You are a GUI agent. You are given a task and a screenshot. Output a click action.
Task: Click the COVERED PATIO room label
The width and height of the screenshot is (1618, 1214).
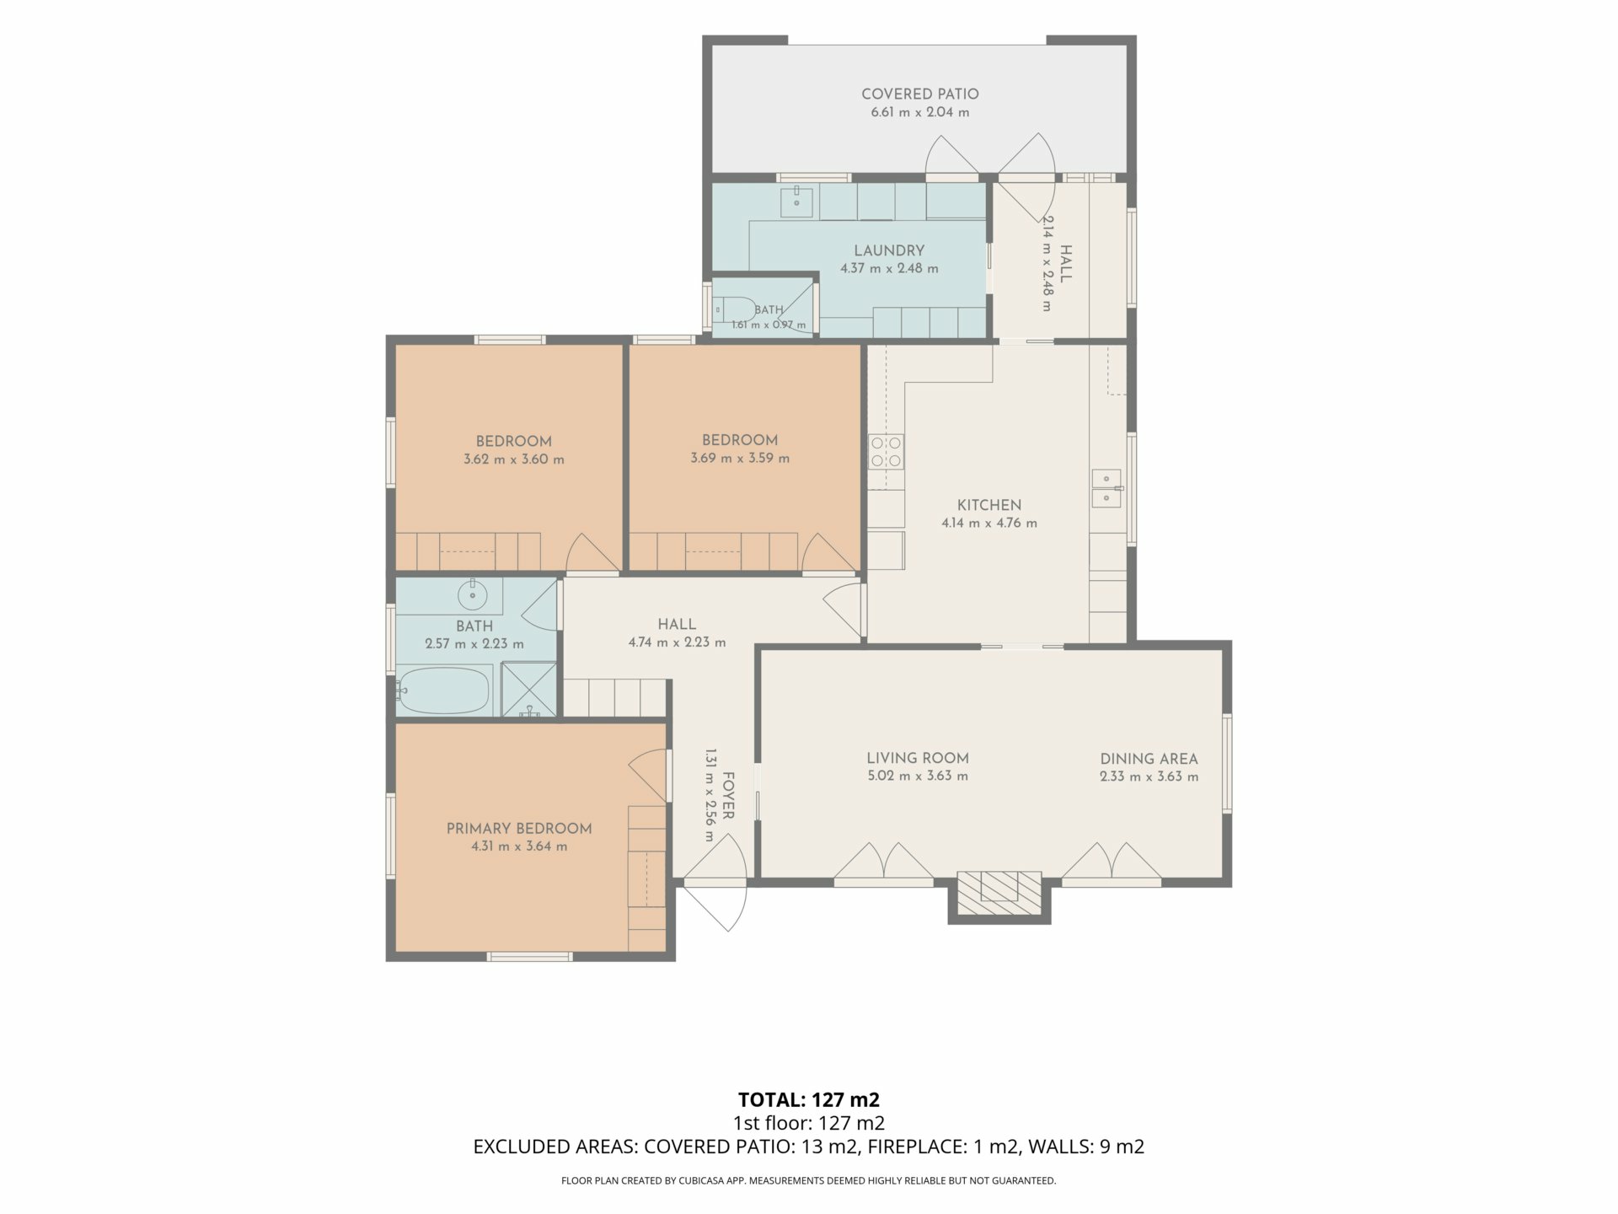pos(919,94)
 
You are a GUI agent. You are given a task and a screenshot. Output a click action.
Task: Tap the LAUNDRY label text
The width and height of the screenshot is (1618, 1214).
pos(889,250)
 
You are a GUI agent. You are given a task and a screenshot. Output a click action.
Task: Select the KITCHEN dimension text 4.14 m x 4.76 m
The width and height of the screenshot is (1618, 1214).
pos(989,524)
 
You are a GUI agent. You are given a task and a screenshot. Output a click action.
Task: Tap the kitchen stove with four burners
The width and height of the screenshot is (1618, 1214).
pos(886,451)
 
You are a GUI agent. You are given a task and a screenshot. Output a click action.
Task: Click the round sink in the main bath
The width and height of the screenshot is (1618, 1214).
pos(472,594)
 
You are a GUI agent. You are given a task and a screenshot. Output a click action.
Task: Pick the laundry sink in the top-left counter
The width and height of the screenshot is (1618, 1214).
pos(796,201)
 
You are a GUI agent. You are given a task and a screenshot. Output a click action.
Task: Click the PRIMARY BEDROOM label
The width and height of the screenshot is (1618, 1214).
pos(519,829)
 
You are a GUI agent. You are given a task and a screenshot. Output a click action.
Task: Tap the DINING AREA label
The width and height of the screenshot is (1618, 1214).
pos(1149,759)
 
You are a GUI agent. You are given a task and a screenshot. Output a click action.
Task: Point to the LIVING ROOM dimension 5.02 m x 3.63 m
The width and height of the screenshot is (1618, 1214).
pos(918,776)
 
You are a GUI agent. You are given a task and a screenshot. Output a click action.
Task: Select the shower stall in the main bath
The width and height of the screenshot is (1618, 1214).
pos(529,690)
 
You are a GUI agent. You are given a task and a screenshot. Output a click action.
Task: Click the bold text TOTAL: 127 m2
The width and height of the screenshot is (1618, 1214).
pos(809,1099)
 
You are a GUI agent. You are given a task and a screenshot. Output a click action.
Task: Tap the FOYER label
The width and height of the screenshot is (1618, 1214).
pos(729,796)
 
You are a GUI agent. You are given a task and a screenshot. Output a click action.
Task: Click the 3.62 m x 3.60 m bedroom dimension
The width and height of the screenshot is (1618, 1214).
pos(514,460)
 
